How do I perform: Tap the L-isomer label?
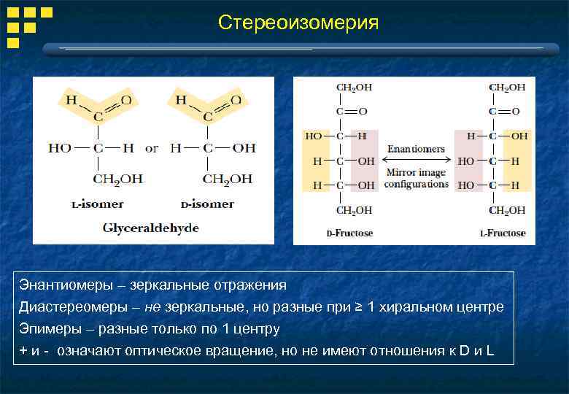[x=97, y=204]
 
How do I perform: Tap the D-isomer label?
[x=206, y=204]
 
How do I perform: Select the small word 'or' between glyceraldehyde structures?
[x=151, y=148]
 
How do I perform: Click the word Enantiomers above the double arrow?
[x=416, y=149]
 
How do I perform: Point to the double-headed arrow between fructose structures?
[x=416, y=161]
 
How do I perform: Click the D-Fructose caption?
[x=349, y=233]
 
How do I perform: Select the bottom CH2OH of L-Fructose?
[x=506, y=210]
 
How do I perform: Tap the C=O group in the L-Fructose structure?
[x=503, y=112]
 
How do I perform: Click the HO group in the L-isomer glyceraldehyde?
[x=60, y=148]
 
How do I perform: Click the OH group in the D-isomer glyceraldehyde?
[x=244, y=148]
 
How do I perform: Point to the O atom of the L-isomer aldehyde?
[x=126, y=100]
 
